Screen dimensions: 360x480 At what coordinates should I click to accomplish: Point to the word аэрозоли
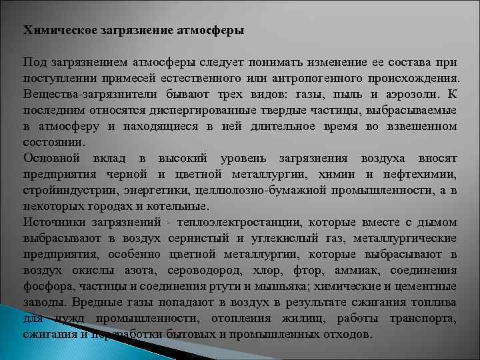click(402, 94)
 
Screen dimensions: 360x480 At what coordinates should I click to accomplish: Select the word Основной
click(52, 158)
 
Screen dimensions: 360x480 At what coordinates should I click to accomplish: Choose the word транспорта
click(425, 318)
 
